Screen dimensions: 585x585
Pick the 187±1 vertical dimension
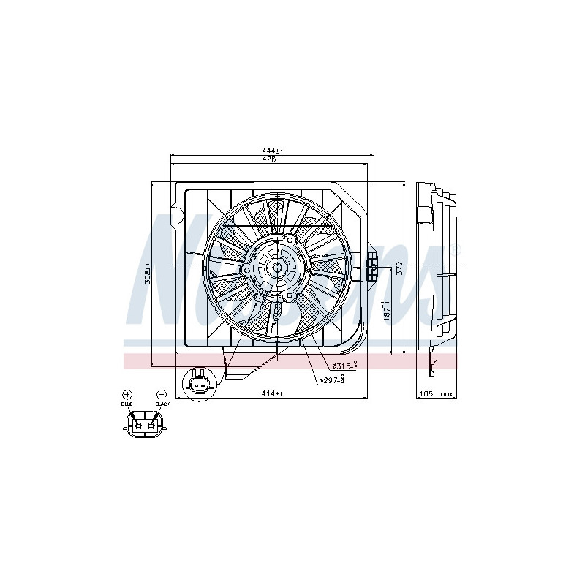pyautogui.click(x=385, y=312)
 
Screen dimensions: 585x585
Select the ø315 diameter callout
pyautogui.click(x=344, y=366)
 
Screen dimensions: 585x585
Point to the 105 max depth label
pyautogui.click(x=436, y=394)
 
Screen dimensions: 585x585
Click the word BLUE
pyautogui.click(x=127, y=404)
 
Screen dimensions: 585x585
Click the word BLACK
pyautogui.click(x=162, y=404)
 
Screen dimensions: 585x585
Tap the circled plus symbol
pyautogui.click(x=127, y=394)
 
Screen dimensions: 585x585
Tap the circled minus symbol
pyautogui.click(x=161, y=394)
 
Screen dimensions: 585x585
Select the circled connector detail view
pyautogui.click(x=197, y=384)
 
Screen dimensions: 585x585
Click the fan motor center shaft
pyautogui.click(x=278, y=268)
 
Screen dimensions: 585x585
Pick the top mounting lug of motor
pyautogui.click(x=290, y=241)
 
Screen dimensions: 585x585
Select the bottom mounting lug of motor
pyautogui.click(x=290, y=295)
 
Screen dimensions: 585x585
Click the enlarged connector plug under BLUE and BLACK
pyautogui.click(x=144, y=423)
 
